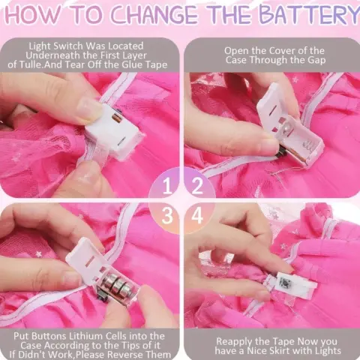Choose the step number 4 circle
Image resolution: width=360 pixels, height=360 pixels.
coord(198,217)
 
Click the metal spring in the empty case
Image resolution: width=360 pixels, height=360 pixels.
coord(307,146)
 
